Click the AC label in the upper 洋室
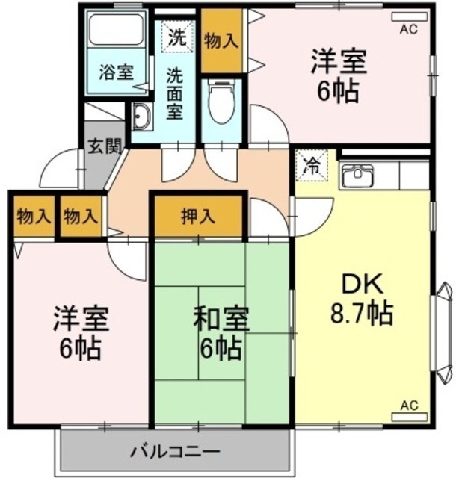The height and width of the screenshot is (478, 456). pos(408,29)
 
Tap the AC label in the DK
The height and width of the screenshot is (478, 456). pos(408,405)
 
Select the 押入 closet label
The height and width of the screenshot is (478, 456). pos(199,217)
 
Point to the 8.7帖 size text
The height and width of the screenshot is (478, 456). pos(363,313)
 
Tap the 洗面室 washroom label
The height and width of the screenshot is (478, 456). pos(174,93)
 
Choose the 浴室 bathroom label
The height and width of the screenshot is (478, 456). pos(116,73)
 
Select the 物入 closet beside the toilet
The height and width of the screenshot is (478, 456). pos(222,42)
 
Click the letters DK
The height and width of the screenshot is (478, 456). pos(363,285)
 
